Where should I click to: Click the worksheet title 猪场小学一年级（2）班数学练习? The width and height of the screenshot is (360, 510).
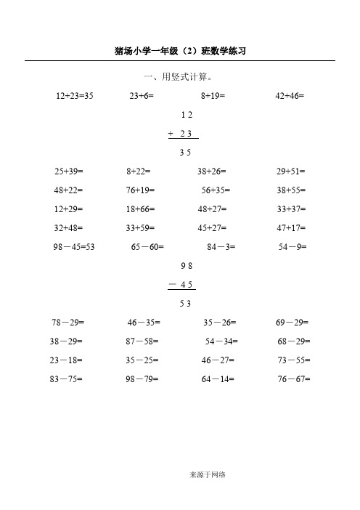183,51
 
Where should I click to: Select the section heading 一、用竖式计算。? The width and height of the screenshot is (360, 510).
180,77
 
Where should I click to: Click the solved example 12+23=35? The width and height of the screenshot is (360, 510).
75,95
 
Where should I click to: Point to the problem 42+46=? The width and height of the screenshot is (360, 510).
290,95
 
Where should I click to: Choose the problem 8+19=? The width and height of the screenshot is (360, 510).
213,95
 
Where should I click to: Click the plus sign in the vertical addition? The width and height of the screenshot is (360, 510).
170,134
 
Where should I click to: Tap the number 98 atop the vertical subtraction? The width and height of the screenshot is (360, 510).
186,266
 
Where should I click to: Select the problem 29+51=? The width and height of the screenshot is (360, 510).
291,171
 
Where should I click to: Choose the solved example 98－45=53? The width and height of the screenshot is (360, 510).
75,247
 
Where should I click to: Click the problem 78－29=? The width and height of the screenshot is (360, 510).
69,322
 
